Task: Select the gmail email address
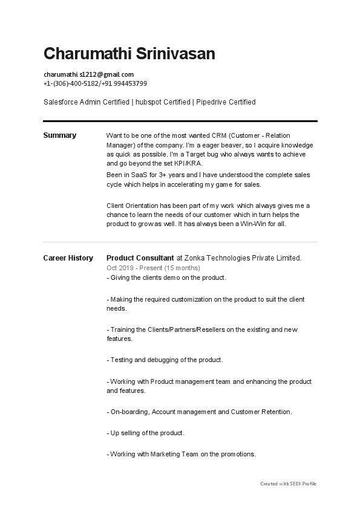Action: (88, 74)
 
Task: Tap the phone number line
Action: (95, 83)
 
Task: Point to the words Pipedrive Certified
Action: (226, 102)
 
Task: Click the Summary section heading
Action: (59, 135)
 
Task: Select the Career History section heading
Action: (68, 258)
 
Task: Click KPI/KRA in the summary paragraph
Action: (188, 163)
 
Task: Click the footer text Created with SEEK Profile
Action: (288, 484)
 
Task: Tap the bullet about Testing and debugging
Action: (165, 360)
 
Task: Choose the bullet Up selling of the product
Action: (145, 433)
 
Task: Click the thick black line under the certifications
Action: (180, 122)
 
